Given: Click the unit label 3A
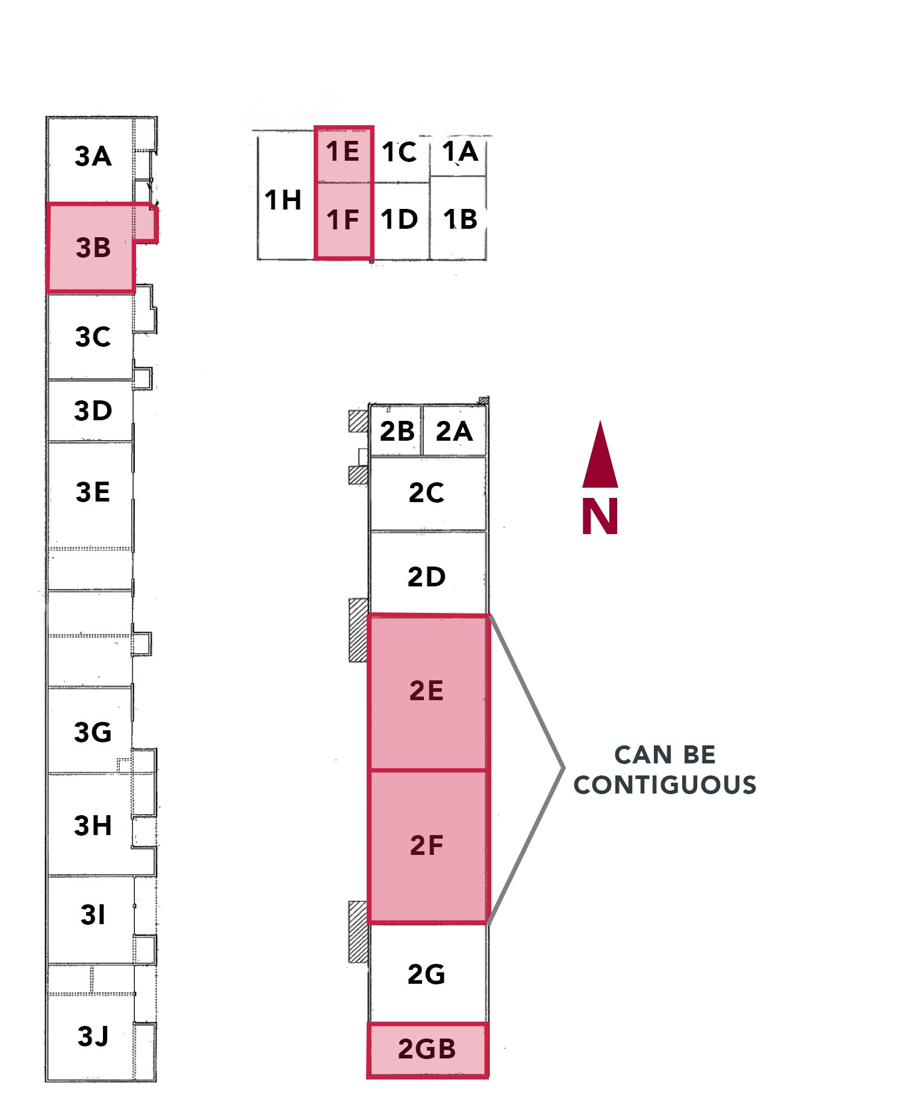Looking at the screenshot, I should click(x=93, y=157).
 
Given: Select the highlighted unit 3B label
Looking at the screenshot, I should click(x=93, y=248).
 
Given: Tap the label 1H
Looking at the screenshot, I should click(x=282, y=200).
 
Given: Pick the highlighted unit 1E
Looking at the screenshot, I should click(x=343, y=152).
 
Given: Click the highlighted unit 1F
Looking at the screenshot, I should click(x=343, y=220).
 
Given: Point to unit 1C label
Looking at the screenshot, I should click(x=399, y=152).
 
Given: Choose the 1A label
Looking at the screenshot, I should click(x=460, y=152).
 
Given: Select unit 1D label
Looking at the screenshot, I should click(x=399, y=220).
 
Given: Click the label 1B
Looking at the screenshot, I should click(x=460, y=220).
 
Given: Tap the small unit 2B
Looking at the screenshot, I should click(x=397, y=432).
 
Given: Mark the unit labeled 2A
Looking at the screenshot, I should click(x=454, y=432).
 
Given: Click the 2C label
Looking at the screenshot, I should click(x=426, y=493).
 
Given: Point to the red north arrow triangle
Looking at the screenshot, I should click(x=600, y=458).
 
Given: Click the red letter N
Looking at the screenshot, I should click(x=600, y=517).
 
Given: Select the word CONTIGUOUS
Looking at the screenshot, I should click(x=665, y=785).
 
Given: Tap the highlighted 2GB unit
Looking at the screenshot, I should click(x=427, y=1049).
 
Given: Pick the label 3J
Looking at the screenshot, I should click(x=93, y=1036).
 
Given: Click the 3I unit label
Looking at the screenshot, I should click(x=93, y=915).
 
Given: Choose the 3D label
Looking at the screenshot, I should click(x=93, y=411).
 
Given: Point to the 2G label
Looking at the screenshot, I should click(x=426, y=974).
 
